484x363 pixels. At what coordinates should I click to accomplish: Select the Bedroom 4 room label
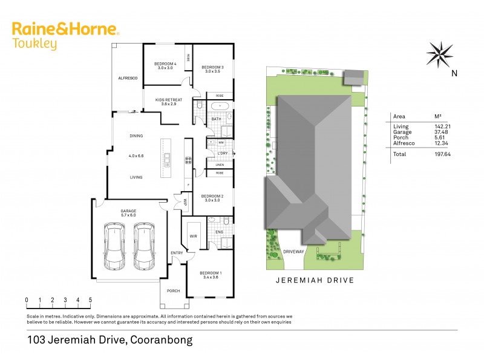[165, 64]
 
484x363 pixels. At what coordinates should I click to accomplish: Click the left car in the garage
[115, 246]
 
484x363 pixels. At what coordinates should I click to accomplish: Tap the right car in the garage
[144, 246]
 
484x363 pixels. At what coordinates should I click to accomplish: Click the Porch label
[173, 290]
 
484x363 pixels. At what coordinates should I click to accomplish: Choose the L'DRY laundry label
[222, 154]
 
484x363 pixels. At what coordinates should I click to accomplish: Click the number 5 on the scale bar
[90, 299]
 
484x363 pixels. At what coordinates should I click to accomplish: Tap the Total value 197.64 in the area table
[443, 154]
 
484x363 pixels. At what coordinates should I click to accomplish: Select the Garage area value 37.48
[443, 131]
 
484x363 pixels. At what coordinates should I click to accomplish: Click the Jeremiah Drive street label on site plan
[315, 281]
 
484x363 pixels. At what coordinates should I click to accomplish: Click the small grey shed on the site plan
[353, 77]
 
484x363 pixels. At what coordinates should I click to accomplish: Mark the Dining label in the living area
[136, 136]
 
